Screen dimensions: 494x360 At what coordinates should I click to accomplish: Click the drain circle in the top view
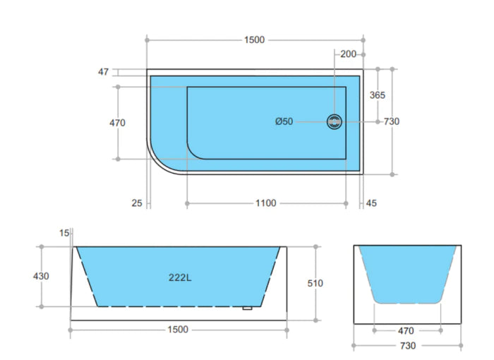[x=335, y=121]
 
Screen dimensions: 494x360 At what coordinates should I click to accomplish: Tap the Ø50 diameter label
[x=284, y=121]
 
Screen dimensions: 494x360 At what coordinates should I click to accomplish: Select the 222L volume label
[x=180, y=277]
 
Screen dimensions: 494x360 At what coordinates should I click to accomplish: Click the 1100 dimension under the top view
[x=265, y=203]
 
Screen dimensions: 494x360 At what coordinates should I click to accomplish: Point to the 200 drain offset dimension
[x=348, y=54]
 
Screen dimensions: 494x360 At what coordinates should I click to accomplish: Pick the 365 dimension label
[x=377, y=95]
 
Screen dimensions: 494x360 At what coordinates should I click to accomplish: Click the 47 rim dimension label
[x=103, y=72]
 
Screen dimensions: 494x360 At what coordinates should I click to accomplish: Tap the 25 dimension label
[x=137, y=203]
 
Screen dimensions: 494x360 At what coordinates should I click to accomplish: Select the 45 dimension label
[x=371, y=203]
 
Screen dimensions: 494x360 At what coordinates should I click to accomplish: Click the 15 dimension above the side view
[x=64, y=233]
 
